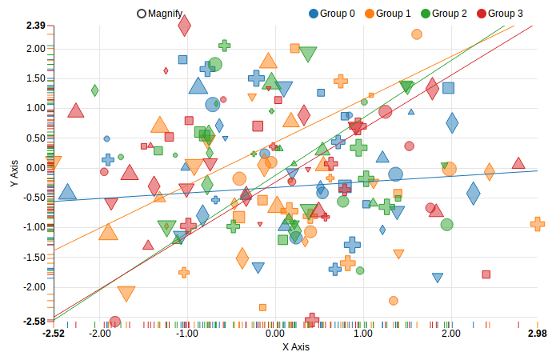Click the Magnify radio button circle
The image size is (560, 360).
[142, 14]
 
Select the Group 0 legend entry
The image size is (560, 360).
[331, 14]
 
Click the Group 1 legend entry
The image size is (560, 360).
[387, 14]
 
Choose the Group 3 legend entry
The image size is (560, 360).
[499, 14]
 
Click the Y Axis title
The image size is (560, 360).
[14, 174]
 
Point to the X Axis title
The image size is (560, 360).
[295, 347]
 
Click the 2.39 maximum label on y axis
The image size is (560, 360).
[35, 26]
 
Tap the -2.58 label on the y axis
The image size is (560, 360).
[34, 322]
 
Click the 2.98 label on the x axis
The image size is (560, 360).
[538, 333]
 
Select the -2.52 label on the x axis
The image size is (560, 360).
[54, 333]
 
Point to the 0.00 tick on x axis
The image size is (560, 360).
[275, 333]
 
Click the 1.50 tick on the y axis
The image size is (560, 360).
[35, 78]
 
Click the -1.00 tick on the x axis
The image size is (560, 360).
[186, 333]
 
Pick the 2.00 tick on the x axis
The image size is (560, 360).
[451, 333]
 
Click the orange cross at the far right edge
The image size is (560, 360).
[538, 224]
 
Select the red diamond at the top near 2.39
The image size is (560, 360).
[185, 26]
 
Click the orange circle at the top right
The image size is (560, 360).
[417, 34]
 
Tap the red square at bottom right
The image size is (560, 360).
[486, 274]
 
